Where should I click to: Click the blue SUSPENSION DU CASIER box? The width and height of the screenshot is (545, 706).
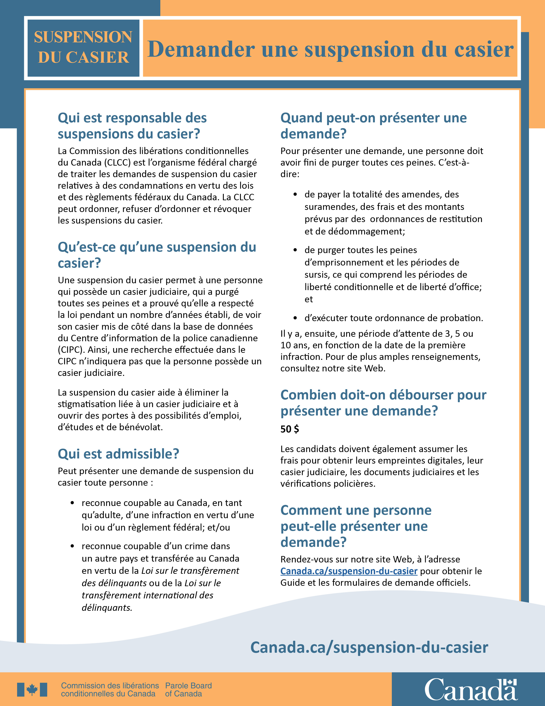(83, 48)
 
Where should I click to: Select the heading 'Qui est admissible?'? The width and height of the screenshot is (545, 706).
(118, 454)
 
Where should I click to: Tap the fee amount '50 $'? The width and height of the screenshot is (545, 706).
(290, 429)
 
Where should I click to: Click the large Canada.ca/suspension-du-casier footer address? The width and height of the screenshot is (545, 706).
(369, 648)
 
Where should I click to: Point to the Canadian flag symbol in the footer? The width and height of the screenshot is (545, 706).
(32, 690)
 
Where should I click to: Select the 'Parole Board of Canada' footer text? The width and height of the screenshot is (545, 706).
(188, 690)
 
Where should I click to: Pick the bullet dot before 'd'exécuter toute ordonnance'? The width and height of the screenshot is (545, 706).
(295, 318)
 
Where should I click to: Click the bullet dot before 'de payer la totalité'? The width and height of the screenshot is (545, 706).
(295, 194)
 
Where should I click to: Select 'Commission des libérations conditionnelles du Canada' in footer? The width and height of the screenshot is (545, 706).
(110, 690)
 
